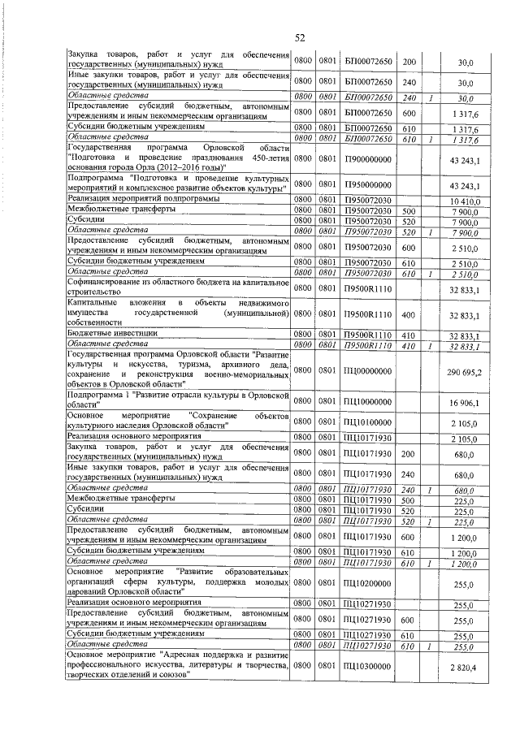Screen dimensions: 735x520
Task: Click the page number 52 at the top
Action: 299,38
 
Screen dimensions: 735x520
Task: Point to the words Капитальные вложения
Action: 118,303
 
